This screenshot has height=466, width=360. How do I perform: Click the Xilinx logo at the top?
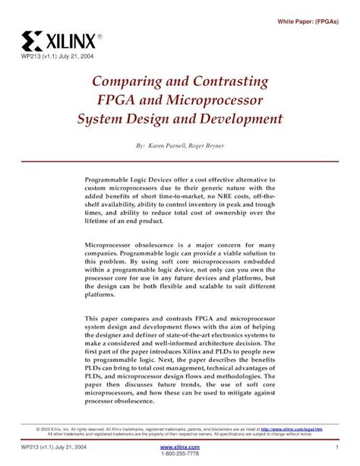coord(65,39)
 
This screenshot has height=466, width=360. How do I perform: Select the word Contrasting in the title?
coord(229,81)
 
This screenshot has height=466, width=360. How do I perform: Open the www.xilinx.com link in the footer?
coord(180,447)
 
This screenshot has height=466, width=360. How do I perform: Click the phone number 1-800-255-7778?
coord(180,455)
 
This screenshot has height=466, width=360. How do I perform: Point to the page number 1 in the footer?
coord(336,447)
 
